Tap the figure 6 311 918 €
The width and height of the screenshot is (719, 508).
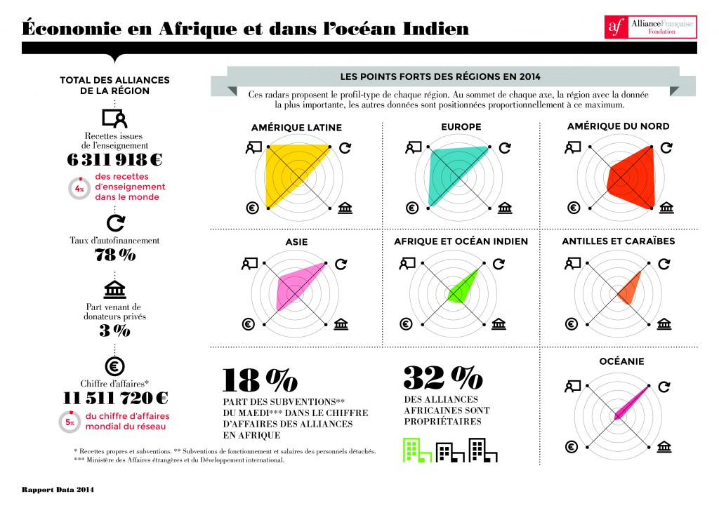click(x=115, y=159)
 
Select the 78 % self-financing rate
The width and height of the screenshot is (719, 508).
click(x=115, y=255)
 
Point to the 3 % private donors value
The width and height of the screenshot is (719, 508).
click(x=115, y=330)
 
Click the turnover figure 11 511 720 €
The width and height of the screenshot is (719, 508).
click(x=115, y=398)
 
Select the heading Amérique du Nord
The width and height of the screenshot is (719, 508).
click(x=618, y=127)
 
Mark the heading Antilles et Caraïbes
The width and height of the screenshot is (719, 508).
click(x=618, y=241)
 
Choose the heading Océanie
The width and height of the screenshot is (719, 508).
click(x=618, y=361)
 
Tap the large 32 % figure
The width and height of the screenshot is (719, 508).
click(x=442, y=378)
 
